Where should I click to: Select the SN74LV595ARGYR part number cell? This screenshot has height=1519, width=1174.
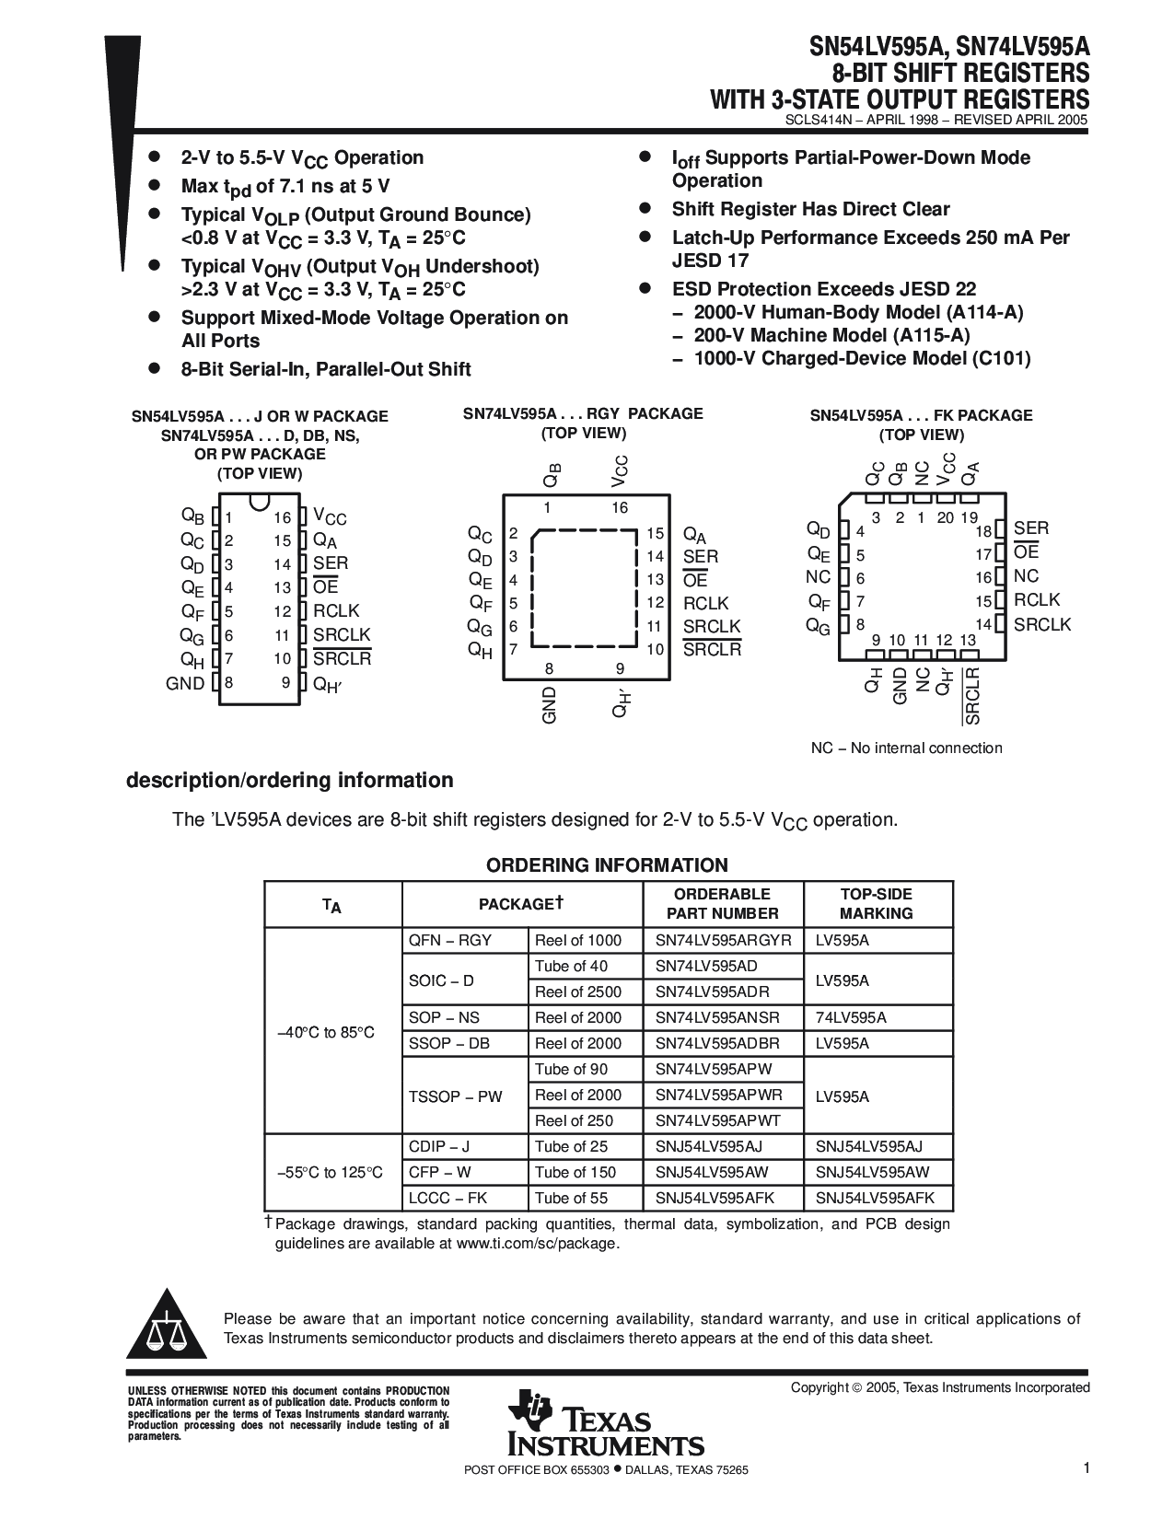click(723, 940)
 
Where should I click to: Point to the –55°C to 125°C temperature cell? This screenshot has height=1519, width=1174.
click(330, 1172)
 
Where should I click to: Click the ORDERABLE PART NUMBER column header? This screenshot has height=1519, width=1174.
click(723, 903)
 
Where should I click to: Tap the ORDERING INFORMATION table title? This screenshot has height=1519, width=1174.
click(607, 864)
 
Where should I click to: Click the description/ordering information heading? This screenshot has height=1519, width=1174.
click(289, 780)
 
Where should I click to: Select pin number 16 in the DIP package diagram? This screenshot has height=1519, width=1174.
click(282, 518)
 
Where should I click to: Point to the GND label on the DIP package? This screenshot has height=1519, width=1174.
click(185, 683)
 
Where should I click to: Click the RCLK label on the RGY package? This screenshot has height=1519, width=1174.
click(705, 603)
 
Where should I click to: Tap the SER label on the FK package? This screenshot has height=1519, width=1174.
click(1031, 528)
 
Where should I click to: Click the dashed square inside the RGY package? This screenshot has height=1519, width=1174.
click(587, 589)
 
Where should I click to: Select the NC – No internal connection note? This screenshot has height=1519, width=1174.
click(906, 748)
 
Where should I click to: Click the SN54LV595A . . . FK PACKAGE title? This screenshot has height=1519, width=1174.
click(921, 415)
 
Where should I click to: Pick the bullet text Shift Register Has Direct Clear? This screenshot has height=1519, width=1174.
click(810, 209)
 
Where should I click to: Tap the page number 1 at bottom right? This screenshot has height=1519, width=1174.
click(1087, 1468)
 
